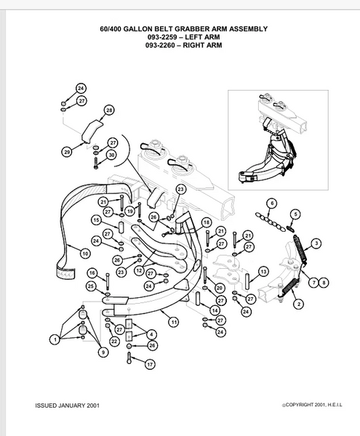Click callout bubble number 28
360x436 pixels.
point(109,110)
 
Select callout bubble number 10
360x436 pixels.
point(85,254)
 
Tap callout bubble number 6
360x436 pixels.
point(272,203)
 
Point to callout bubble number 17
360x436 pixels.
point(150,364)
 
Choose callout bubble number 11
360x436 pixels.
point(174,322)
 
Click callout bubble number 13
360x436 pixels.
point(263,272)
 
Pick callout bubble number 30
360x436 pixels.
point(111,155)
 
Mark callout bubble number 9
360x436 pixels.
point(103,352)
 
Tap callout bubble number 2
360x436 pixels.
point(299,304)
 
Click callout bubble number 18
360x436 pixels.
point(206,223)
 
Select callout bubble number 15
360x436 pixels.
point(96,220)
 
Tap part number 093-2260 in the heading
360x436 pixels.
point(160,45)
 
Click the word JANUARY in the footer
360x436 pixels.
point(72,405)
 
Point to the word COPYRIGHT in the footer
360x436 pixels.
point(300,405)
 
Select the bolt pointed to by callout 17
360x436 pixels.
point(129,358)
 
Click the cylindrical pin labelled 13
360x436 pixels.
point(248,279)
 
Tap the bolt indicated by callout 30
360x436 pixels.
point(96,163)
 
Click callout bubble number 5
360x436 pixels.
point(295,214)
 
